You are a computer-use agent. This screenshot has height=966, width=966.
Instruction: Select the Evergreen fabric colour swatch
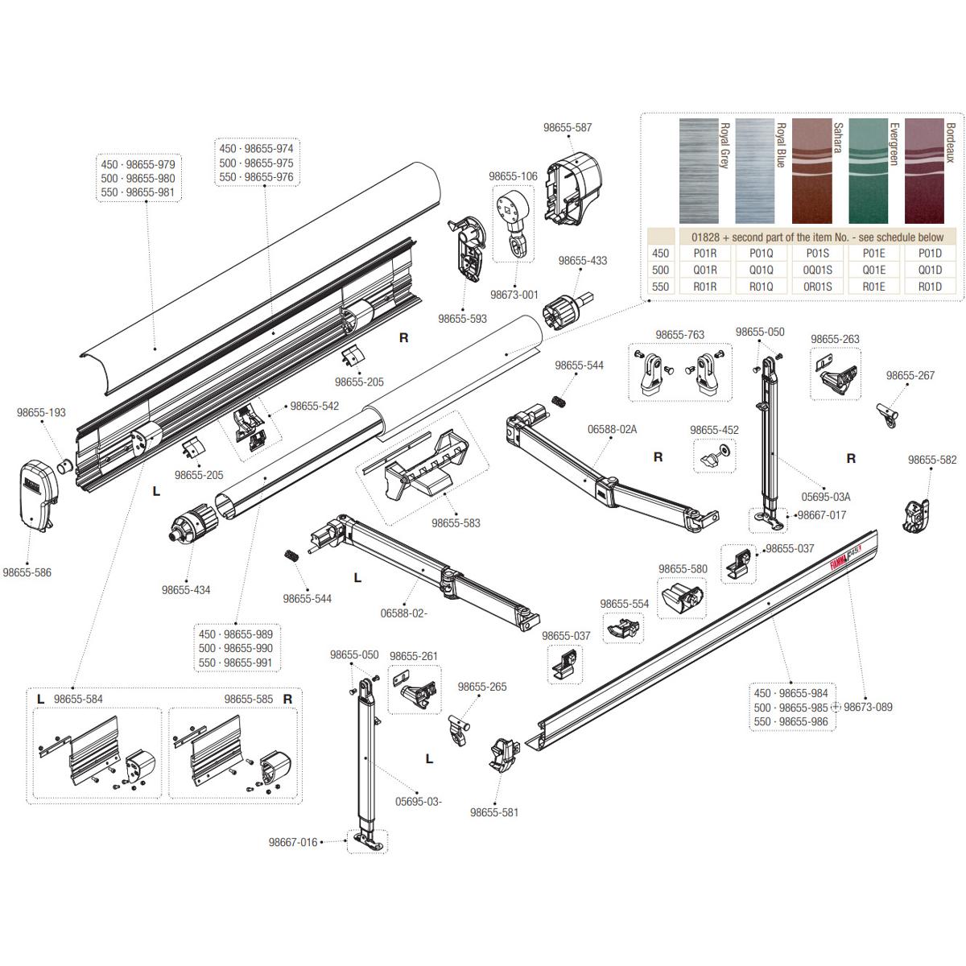tap(867, 171)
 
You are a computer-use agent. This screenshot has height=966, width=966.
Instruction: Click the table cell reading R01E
tap(873, 286)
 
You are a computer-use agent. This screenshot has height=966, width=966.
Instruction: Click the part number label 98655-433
tap(583, 261)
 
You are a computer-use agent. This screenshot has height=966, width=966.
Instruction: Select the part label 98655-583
tap(456, 523)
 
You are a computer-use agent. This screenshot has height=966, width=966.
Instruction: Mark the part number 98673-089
tap(868, 707)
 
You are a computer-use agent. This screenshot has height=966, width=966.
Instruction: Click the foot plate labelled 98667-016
tap(367, 841)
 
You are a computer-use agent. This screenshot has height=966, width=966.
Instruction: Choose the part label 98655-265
tap(482, 687)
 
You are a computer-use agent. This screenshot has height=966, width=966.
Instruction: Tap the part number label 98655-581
tap(494, 812)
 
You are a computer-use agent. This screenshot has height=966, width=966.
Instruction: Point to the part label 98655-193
tap(41, 413)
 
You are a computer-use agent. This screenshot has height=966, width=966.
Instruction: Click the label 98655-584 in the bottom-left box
tap(78, 699)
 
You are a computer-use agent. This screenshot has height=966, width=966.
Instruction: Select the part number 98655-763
tap(679, 335)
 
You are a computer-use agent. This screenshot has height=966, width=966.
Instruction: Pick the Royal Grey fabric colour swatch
tap(699, 171)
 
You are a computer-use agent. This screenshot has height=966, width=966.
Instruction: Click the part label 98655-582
tap(932, 460)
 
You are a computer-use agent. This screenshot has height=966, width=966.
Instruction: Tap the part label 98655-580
tap(683, 569)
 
